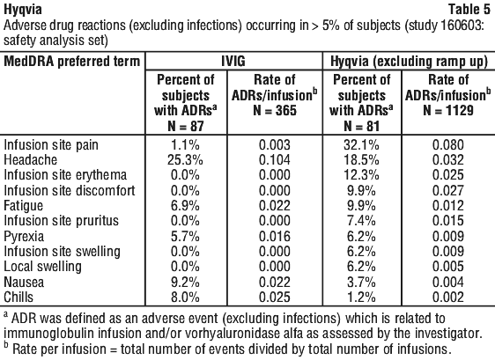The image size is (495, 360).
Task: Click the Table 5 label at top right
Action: [469, 9]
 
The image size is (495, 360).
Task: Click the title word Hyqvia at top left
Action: [23, 10]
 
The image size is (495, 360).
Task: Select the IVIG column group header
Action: [233, 61]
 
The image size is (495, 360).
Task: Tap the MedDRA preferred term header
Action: [71, 62]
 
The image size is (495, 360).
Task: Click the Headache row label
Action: [30, 159]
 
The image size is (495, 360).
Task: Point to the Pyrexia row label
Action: [24, 237]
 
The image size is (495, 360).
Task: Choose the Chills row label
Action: [18, 298]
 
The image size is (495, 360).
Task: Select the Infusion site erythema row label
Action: [65, 175]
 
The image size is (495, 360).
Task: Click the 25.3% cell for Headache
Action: [185, 160]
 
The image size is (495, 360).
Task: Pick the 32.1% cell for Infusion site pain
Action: [361, 145]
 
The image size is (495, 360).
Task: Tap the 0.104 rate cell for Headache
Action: [275, 160]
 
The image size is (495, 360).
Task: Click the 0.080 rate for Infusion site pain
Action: [448, 145]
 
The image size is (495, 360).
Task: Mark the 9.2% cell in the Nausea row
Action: [185, 282]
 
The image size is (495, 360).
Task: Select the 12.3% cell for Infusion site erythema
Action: [361, 175]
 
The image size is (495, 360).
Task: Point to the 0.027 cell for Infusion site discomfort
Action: [448, 191]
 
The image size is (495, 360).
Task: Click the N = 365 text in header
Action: [275, 110]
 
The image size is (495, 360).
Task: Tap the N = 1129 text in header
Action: [448, 110]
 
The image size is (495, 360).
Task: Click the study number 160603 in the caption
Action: [461, 26]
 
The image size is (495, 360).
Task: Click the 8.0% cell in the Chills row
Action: [185, 298]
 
